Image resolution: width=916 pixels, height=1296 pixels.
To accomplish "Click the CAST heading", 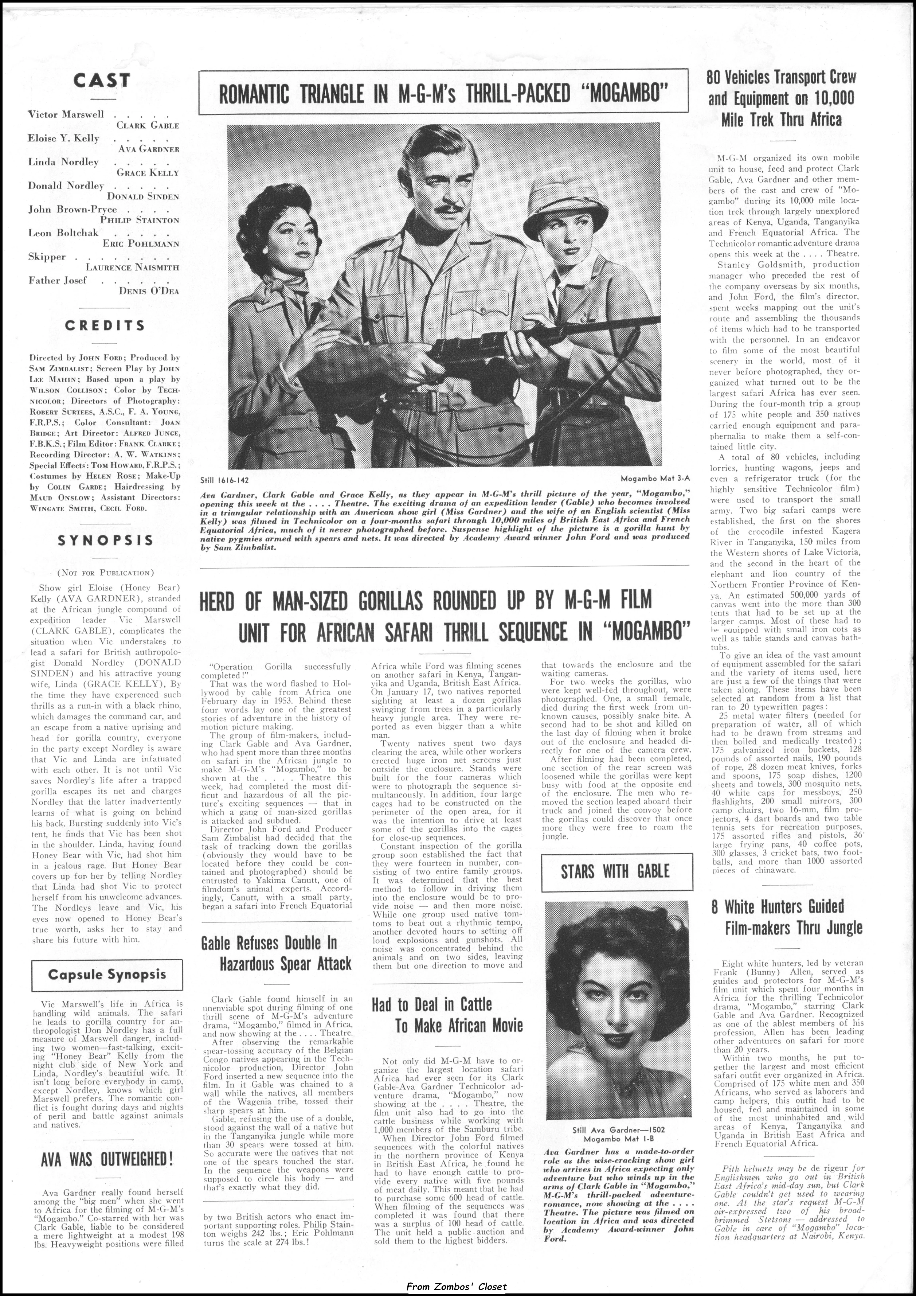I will [x=102, y=81].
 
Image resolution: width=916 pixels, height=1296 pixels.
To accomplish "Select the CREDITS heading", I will [x=105, y=326].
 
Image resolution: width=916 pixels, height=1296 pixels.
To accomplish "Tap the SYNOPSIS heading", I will [x=106, y=540].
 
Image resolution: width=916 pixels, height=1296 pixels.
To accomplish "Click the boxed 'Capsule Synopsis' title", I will [x=107, y=974].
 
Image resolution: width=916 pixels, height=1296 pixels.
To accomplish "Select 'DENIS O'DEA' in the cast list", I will [x=149, y=291].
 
